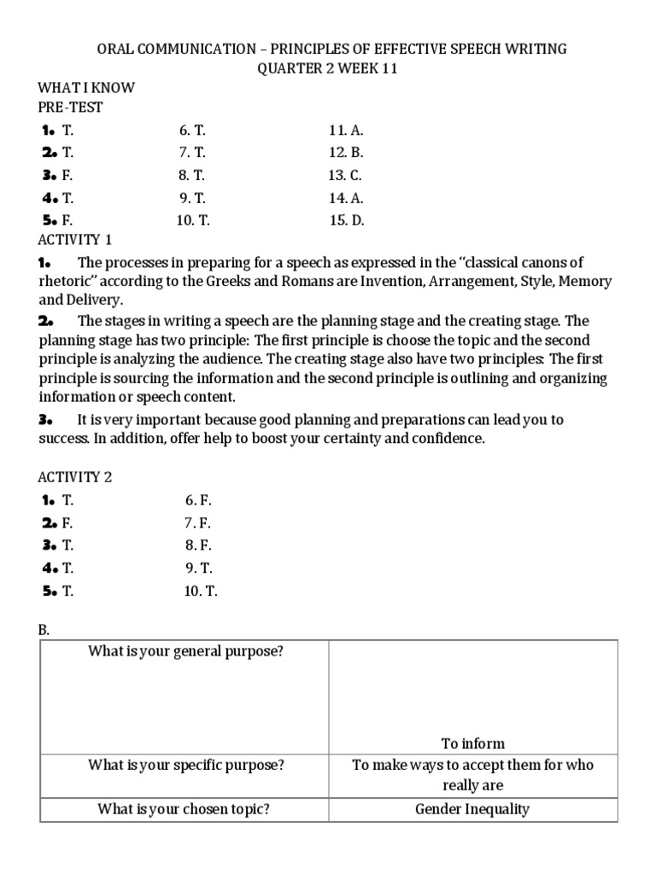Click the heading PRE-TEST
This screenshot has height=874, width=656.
[70, 108]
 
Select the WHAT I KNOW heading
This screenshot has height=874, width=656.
[86, 88]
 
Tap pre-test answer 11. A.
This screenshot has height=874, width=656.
[346, 131]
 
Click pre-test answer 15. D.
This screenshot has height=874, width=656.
[347, 219]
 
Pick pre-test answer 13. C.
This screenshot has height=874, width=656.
[346, 175]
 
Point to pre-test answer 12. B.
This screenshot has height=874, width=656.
[346, 153]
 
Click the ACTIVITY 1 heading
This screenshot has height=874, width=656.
[74, 239]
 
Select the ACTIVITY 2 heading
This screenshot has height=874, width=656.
[74, 477]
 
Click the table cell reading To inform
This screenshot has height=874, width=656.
[472, 743]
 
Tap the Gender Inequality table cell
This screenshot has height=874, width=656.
[472, 809]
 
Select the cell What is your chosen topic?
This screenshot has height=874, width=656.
[184, 809]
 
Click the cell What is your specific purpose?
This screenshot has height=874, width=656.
[184, 765]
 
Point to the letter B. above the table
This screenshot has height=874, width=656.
[44, 629]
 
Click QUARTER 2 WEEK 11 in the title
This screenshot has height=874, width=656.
[328, 68]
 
